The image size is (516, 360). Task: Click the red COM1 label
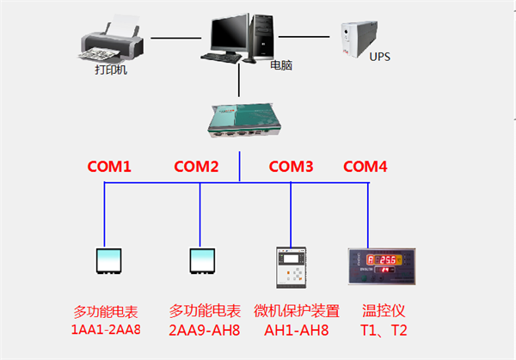click(110, 167)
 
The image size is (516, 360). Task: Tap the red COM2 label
click(196, 167)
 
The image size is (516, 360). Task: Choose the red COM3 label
click(292, 167)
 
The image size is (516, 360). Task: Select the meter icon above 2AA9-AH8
click(204, 261)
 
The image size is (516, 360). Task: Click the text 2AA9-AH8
click(204, 329)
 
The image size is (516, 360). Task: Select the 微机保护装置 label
click(297, 310)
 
